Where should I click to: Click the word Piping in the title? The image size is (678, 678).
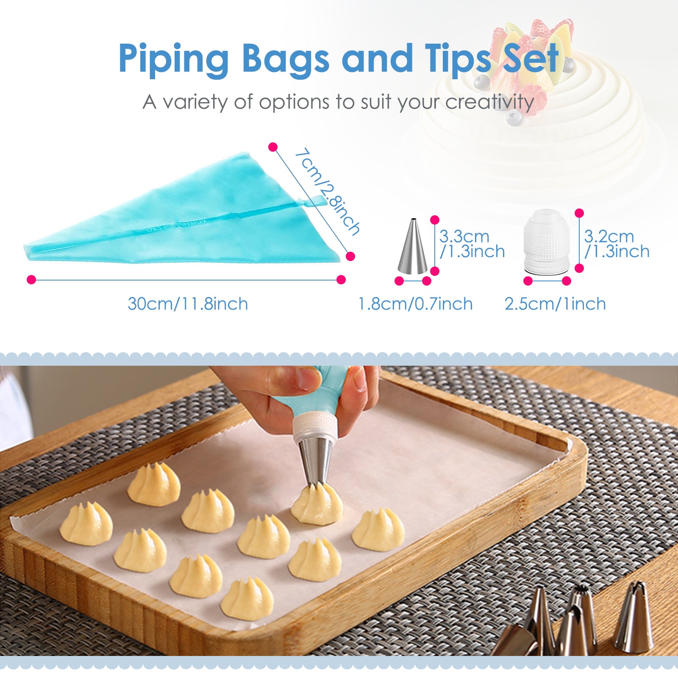[174, 59]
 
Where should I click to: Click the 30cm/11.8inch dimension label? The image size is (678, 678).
[188, 304]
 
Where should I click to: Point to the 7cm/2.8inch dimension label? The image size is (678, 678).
[327, 192]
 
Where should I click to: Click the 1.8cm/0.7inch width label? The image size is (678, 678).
[415, 304]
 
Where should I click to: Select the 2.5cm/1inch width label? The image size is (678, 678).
[555, 304]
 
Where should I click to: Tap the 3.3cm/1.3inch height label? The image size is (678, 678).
[472, 244]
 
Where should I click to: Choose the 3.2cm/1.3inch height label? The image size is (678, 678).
[617, 244]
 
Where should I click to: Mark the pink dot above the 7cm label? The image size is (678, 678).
[273, 147]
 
